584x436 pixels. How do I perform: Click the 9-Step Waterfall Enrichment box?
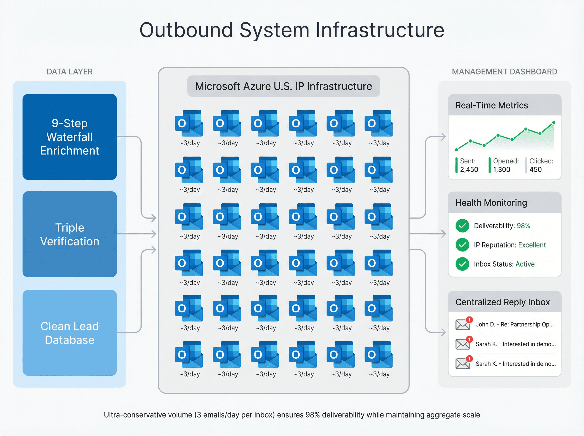pyautogui.click(x=69, y=137)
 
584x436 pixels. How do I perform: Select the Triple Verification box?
pyautogui.click(x=69, y=234)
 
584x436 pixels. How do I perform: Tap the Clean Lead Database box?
pyautogui.click(x=69, y=333)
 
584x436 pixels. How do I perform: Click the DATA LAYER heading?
pyautogui.click(x=69, y=72)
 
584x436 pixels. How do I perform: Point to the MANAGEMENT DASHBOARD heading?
pyautogui.click(x=504, y=72)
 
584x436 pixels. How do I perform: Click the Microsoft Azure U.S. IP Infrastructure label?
pyautogui.click(x=283, y=86)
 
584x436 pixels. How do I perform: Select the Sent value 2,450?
pyautogui.click(x=469, y=169)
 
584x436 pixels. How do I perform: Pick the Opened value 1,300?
pyautogui.click(x=502, y=169)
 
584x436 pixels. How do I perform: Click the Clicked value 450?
pyautogui.click(x=535, y=169)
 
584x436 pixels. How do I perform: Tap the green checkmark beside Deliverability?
pyautogui.click(x=462, y=226)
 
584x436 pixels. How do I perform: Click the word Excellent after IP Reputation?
pyautogui.click(x=532, y=245)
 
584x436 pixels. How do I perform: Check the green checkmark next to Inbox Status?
pyautogui.click(x=462, y=264)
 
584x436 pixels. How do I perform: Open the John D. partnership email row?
pyautogui.click(x=514, y=324)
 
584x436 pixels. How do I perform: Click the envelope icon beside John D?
pyautogui.click(x=462, y=325)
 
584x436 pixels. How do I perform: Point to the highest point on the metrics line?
pyautogui.click(x=554, y=122)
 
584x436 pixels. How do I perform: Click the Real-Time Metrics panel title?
pyautogui.click(x=491, y=105)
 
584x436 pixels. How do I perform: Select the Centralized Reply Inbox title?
pyautogui.click(x=502, y=302)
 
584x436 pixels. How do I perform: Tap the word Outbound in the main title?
pyautogui.click(x=186, y=30)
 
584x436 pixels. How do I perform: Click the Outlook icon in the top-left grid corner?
pyautogui.click(x=189, y=123)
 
